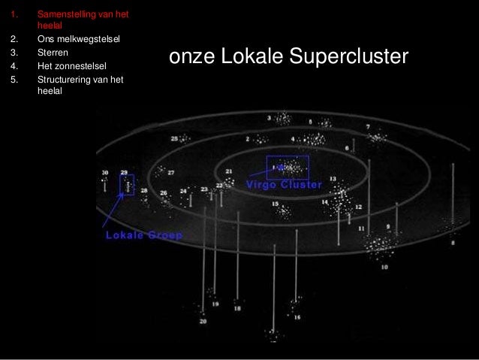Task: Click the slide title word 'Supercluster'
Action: (x=351, y=58)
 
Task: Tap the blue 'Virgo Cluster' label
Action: (x=285, y=184)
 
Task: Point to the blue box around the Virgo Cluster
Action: (x=287, y=168)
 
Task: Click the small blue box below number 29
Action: (x=128, y=185)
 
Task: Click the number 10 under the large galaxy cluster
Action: (x=384, y=267)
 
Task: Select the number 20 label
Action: (x=203, y=322)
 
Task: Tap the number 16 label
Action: (x=297, y=317)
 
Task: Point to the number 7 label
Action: (x=367, y=127)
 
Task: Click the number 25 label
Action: (x=174, y=139)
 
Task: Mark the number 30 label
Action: (x=104, y=173)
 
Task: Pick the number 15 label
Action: (x=275, y=204)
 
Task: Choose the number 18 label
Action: (x=237, y=308)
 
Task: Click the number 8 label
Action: (x=453, y=244)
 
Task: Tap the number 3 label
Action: (x=269, y=118)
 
